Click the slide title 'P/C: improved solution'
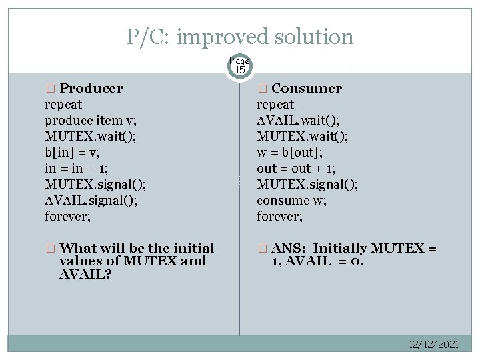click(x=240, y=37)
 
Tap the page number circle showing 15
click(x=239, y=66)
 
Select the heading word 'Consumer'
click(x=307, y=88)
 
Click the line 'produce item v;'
click(x=86, y=120)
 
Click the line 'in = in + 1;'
click(x=77, y=168)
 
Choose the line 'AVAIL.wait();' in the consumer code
click(x=297, y=120)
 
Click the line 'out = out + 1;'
click(x=297, y=168)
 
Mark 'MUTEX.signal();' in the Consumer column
click(x=307, y=184)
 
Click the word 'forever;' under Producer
click(x=67, y=216)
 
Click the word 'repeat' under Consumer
click(x=275, y=104)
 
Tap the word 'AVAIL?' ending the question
click(x=85, y=274)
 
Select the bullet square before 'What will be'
click(x=49, y=249)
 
